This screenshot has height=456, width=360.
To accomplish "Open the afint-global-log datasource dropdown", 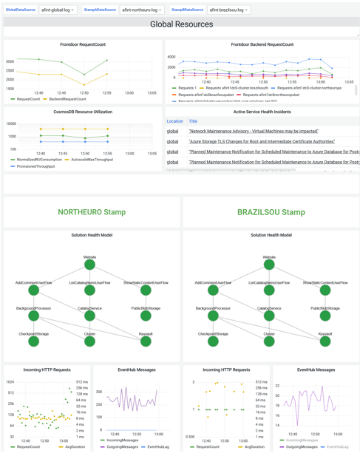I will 58,10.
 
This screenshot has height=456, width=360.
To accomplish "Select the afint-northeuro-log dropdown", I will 142,10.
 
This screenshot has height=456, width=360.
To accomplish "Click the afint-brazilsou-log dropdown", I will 228,10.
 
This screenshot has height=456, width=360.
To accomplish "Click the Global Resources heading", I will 181,24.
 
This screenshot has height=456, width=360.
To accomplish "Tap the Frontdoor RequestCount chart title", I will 82,44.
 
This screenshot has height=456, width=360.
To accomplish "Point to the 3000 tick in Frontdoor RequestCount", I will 10,61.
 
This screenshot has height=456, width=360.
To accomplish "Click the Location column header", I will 174,121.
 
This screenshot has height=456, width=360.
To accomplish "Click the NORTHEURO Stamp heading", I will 92,212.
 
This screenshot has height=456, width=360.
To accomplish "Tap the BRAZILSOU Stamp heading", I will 271,212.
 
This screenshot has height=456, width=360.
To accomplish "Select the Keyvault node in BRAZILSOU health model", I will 325,341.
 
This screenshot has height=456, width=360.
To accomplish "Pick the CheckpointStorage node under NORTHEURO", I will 33,341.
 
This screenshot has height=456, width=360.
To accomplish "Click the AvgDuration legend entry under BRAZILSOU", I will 254,446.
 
